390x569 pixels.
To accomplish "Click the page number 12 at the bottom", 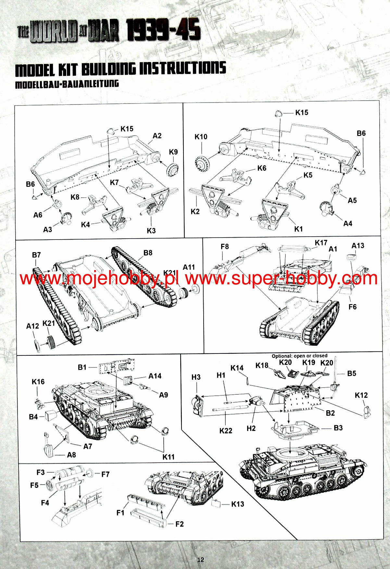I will pos(201,559).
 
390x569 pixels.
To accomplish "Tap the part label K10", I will pos(201,137).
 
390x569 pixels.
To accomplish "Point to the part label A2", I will pos(157,136).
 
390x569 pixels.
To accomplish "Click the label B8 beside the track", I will pos(148,253).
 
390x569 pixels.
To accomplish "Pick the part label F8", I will pos(225,247).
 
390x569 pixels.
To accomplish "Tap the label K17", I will pos(321,242).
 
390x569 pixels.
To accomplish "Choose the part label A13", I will pos(358,246).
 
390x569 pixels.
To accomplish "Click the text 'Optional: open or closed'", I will pos(299,356).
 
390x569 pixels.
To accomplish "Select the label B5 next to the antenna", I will pos(351,373).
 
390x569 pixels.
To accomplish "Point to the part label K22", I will pos(226,430).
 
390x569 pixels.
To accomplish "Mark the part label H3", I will pos(196,377).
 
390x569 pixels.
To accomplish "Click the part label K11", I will pos(168,457).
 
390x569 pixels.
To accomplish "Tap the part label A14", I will pos(155,376).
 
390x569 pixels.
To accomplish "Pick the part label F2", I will pos(179,524).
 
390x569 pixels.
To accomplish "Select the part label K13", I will pos(237,504).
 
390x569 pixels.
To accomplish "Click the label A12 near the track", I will pos(32,326).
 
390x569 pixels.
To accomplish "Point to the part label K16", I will pos(38,382).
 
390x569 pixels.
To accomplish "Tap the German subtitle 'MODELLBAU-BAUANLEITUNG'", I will pos(67,84).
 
